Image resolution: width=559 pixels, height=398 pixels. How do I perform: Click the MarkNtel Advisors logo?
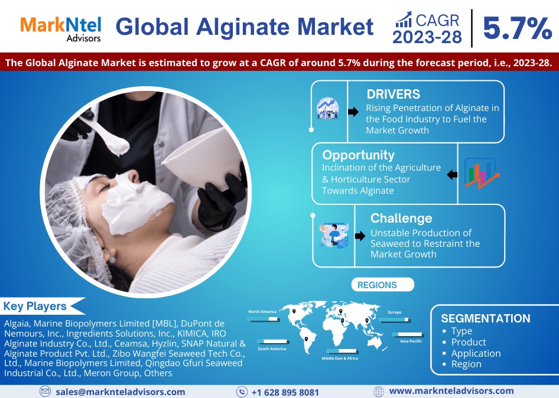[60, 28]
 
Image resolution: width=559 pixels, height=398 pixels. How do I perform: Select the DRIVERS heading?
[393, 94]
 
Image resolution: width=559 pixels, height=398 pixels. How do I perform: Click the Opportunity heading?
[358, 155]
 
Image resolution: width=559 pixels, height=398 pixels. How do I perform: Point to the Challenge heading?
[401, 218]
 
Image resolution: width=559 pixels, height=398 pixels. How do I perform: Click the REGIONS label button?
[377, 285]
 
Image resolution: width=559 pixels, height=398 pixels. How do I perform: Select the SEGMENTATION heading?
[486, 318]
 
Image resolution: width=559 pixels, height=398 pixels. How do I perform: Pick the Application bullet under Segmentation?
[476, 353]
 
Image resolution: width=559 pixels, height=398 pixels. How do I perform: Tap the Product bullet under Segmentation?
[469, 342]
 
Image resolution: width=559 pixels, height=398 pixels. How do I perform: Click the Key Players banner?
[35, 306]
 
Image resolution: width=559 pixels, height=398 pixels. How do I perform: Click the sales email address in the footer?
[121, 392]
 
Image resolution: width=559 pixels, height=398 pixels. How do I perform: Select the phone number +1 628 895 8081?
[285, 392]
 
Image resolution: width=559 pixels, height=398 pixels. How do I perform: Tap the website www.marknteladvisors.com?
[451, 391]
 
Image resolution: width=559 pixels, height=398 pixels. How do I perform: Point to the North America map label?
[262, 311]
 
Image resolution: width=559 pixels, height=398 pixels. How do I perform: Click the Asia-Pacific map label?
[411, 341]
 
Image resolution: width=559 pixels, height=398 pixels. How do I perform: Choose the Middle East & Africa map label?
[339, 358]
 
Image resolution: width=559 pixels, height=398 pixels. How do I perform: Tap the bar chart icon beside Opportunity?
[479, 173]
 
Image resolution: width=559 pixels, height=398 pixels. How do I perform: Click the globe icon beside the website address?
[379, 392]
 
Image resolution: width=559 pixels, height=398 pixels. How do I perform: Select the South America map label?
[272, 349]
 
